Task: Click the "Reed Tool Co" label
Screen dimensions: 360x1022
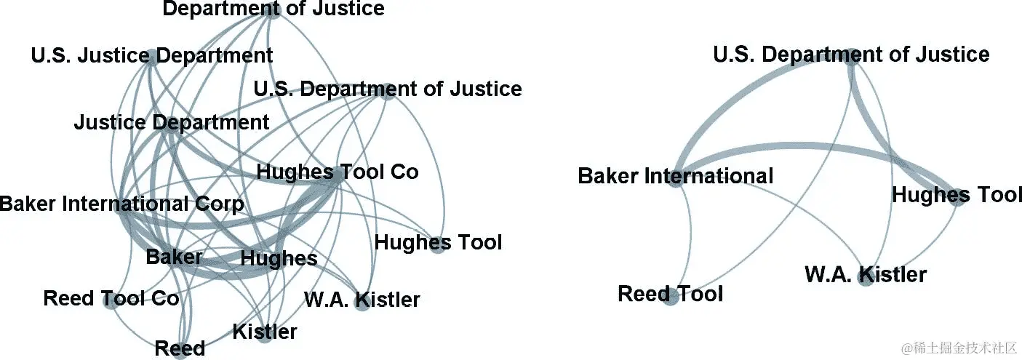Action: coord(111,298)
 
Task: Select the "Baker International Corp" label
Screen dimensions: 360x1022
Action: coord(121,204)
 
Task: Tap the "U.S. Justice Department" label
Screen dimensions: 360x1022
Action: coord(152,55)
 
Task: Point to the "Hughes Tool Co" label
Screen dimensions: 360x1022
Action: coord(338,172)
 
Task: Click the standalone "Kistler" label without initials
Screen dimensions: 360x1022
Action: coord(265,332)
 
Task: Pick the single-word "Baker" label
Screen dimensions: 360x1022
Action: coord(174,257)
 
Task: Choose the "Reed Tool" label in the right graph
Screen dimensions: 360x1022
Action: coord(670,294)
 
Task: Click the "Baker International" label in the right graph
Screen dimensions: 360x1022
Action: coord(675,176)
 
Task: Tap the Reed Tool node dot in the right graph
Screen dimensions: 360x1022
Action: coord(671,297)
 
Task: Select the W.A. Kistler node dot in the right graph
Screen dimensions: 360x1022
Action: coord(865,279)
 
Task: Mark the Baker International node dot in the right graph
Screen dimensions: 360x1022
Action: coord(675,180)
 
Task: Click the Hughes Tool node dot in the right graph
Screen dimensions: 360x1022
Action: coord(958,199)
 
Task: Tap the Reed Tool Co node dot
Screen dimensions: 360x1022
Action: coord(111,302)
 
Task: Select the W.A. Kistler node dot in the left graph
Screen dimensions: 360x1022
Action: coord(362,303)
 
